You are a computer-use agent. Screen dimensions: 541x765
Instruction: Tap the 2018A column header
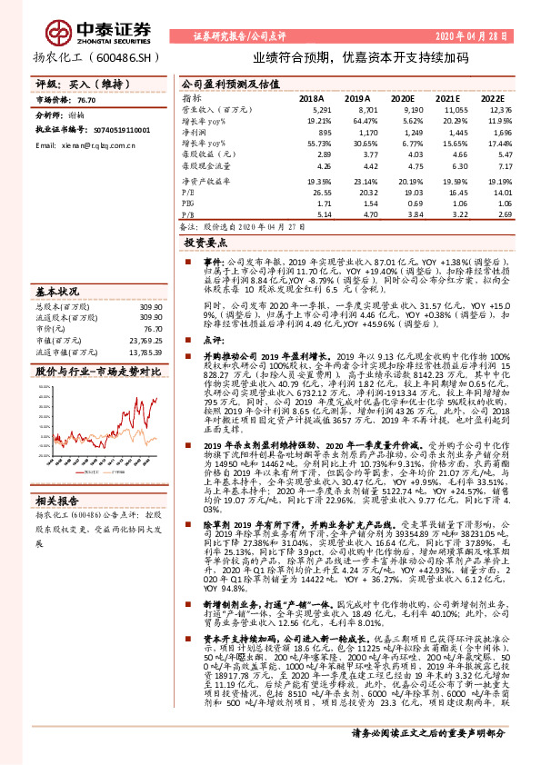(312, 97)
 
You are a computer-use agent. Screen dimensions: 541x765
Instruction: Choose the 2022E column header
(492, 97)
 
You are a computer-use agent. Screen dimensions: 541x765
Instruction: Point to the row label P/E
(187, 193)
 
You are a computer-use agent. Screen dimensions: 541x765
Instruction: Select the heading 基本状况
(56, 293)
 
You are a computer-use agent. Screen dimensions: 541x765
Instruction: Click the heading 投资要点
(205, 244)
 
